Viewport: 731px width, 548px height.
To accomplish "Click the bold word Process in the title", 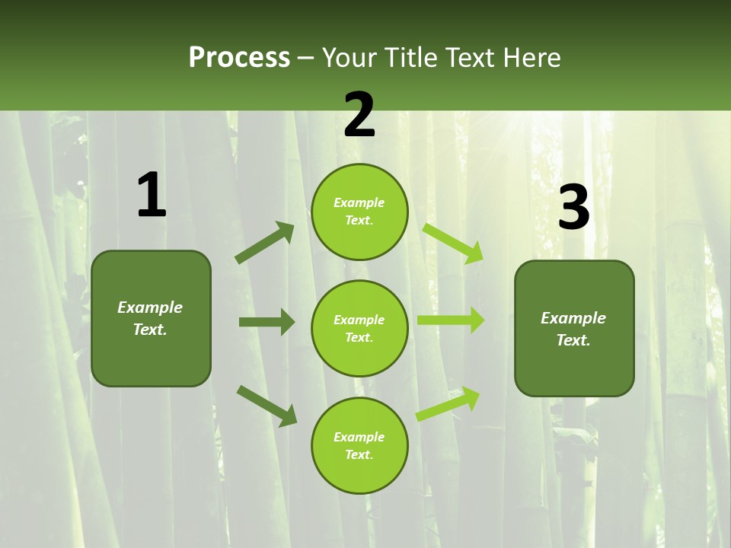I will tap(239, 57).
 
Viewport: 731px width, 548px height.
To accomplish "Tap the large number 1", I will tap(152, 196).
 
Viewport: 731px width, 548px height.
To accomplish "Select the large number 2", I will tap(359, 115).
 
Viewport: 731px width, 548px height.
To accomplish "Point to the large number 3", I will tap(573, 208).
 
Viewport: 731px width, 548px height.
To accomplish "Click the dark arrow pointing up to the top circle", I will tap(265, 242).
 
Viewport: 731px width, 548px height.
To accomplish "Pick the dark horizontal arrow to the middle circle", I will tap(267, 322).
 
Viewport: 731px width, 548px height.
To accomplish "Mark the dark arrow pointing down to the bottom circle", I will tap(267, 405).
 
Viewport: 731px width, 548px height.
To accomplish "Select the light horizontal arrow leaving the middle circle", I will tap(451, 320).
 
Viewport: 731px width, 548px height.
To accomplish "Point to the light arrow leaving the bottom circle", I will tap(448, 404).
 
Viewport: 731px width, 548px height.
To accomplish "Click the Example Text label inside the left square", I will tap(150, 318).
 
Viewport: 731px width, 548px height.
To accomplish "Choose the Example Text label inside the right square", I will tap(573, 329).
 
